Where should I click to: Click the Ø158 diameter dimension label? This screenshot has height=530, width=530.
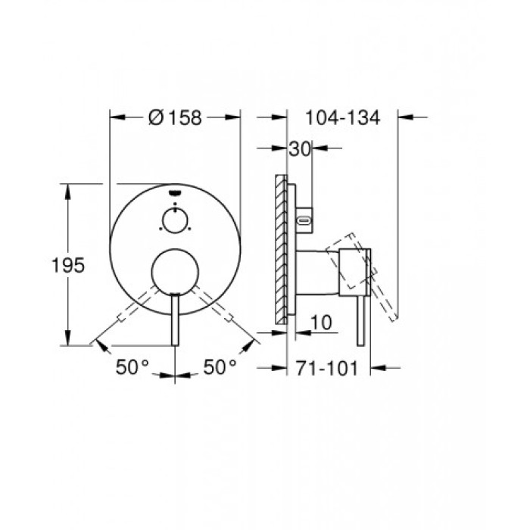click(x=176, y=117)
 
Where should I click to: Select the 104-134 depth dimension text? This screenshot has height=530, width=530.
click(x=341, y=117)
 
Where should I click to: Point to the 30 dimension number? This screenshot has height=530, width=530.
click(x=300, y=150)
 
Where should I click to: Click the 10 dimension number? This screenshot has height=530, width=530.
click(x=322, y=322)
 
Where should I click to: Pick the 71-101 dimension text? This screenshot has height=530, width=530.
click(x=329, y=367)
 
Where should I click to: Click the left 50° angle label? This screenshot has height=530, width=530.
click(x=132, y=367)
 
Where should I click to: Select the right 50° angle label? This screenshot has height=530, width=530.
click(x=220, y=367)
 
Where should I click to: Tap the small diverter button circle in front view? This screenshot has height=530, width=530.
click(x=175, y=221)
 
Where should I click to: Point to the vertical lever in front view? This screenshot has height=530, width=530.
click(x=176, y=318)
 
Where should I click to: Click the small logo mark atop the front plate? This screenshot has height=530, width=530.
click(x=176, y=193)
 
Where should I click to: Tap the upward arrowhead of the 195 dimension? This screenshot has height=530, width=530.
click(x=70, y=188)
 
